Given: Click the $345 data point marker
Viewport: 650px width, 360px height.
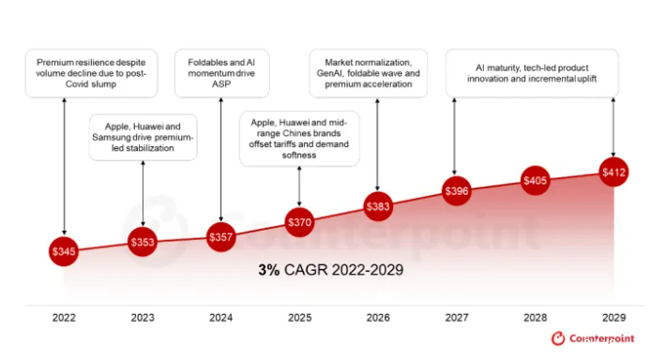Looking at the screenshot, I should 64,251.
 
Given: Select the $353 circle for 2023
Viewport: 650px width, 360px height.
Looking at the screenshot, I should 143,243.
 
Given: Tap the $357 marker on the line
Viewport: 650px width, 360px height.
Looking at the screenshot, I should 220,238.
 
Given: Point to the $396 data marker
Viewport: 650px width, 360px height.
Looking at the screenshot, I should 455,191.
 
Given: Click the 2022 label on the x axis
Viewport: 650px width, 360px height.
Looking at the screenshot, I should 64,318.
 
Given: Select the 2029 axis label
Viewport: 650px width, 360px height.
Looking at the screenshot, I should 612,318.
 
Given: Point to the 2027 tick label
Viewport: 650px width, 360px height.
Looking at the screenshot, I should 455,318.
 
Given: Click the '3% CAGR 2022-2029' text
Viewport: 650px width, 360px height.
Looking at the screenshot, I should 330,270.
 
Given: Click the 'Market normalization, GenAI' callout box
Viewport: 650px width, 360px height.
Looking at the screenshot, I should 368,72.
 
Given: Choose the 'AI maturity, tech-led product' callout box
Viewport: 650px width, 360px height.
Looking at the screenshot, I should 536,72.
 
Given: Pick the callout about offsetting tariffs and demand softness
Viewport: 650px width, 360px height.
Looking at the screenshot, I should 298,138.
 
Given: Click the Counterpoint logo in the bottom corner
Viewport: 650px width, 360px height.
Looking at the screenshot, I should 597,338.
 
